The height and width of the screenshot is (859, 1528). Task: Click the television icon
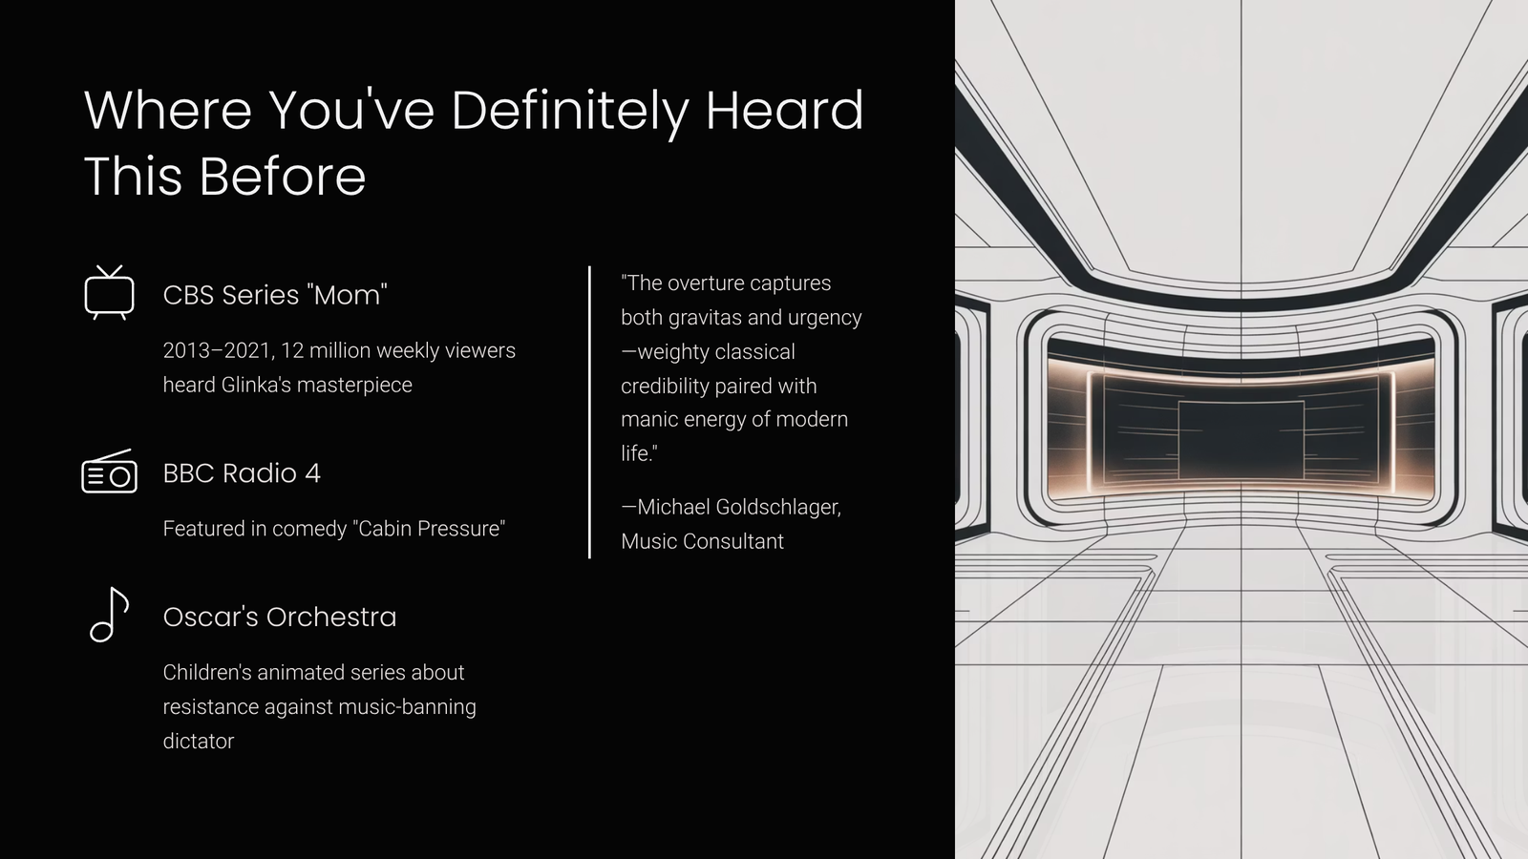pos(109,293)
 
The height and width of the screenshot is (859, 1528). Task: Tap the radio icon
pos(109,471)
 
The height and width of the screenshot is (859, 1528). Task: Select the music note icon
pos(109,615)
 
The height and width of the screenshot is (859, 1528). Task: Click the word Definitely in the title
pos(570,111)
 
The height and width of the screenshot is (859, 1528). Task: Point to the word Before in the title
pos(283,177)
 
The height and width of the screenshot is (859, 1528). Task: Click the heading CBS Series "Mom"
pos(275,295)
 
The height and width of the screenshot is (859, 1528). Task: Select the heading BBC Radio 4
pos(242,473)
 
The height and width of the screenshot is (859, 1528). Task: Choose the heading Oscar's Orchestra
pos(280,617)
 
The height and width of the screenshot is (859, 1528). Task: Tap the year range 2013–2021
pos(219,350)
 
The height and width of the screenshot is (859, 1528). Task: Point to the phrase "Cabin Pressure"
pos(429,529)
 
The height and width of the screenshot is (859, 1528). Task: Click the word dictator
pos(199,741)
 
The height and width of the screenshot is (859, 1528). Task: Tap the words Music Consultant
pos(702,541)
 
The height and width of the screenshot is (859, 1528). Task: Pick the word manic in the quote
pos(649,419)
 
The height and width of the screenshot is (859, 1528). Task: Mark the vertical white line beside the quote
pos(589,412)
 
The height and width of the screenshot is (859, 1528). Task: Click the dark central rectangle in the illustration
pos(1241,440)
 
